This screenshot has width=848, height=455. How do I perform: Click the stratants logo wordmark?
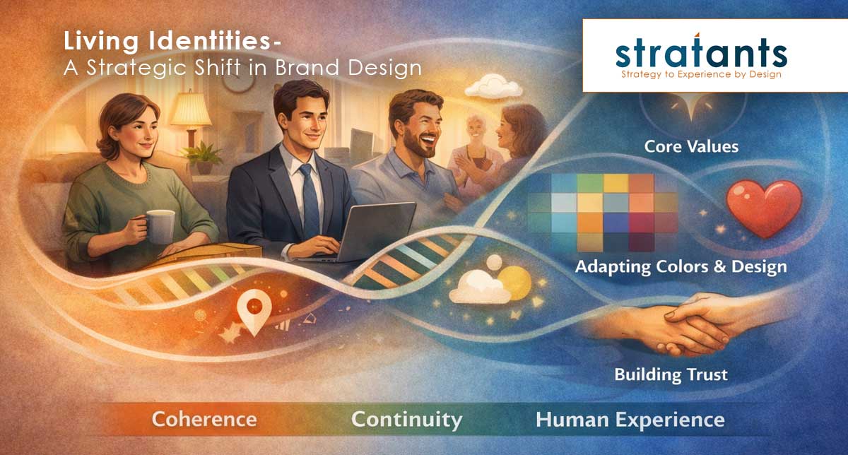pyautogui.click(x=700, y=53)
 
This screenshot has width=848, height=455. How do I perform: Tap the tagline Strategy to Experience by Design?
pyautogui.click(x=700, y=73)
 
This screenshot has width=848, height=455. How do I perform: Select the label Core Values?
pyautogui.click(x=681, y=147)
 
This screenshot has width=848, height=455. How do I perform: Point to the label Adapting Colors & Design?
pyautogui.click(x=681, y=268)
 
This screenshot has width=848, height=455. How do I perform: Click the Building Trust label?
pyautogui.click(x=671, y=373)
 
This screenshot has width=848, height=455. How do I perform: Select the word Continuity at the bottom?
pyautogui.click(x=406, y=419)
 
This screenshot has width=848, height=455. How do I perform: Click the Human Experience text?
pyautogui.click(x=630, y=419)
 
